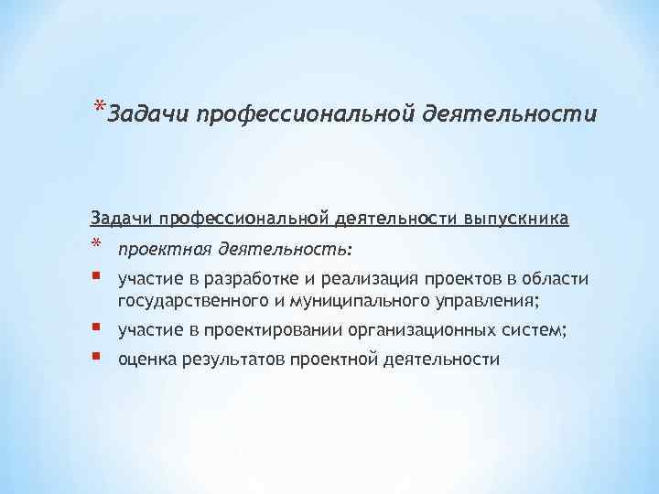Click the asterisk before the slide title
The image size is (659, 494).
pyautogui.click(x=96, y=105)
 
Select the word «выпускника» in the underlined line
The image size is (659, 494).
pyautogui.click(x=517, y=219)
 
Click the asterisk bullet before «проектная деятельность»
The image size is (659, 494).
pyautogui.click(x=96, y=245)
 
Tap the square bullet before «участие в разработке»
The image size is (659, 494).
pyautogui.click(x=96, y=276)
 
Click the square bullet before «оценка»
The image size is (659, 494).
pyautogui.click(x=96, y=356)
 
